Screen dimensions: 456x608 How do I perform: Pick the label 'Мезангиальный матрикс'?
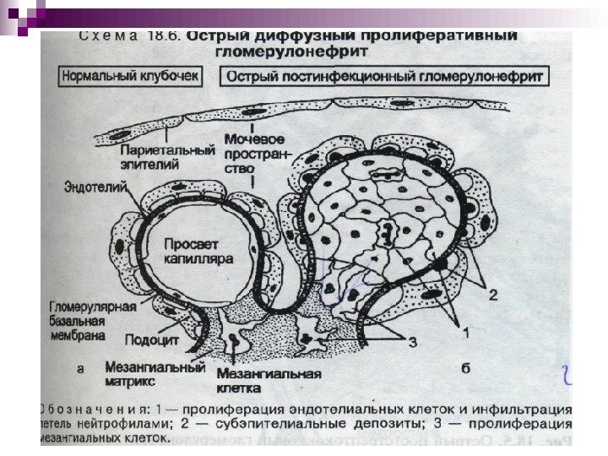coord(155,375)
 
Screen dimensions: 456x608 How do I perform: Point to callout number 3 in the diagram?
coord(413,342)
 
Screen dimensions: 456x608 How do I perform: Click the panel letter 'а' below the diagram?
coord(79,368)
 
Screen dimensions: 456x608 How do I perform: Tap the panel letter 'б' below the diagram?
coord(465,368)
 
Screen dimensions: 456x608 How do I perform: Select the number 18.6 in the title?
coord(166,37)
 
